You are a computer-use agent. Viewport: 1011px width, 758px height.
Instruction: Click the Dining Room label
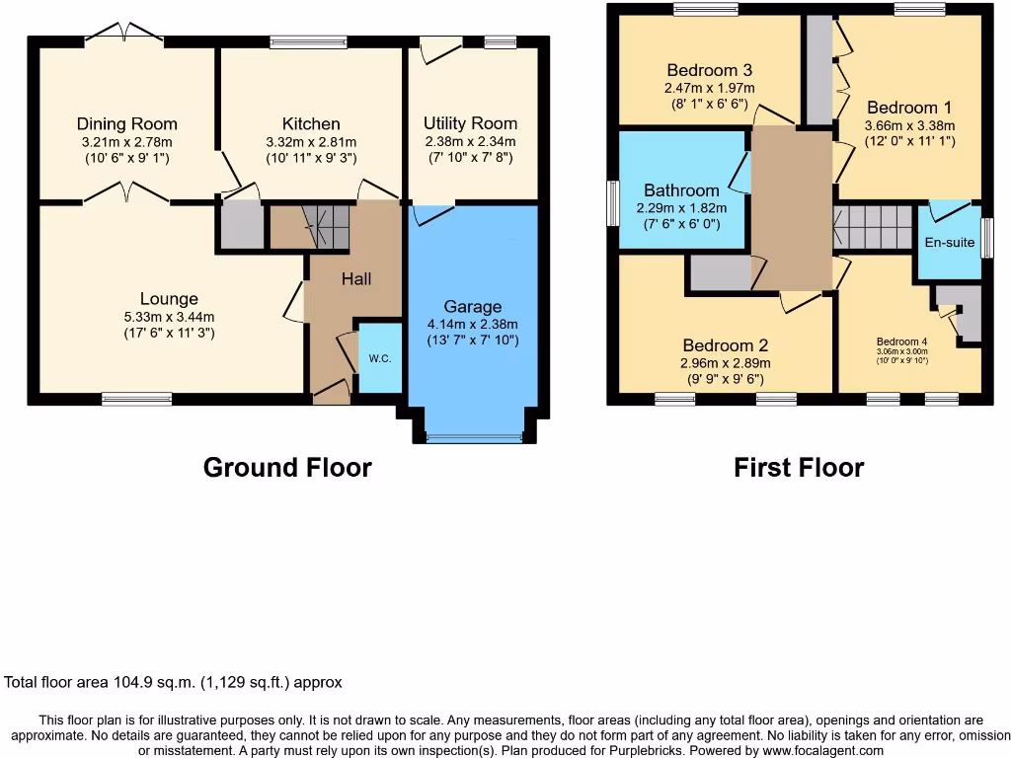click(127, 123)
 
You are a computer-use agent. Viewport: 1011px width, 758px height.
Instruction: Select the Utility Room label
click(470, 123)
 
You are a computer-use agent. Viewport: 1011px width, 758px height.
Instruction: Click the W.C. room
click(380, 357)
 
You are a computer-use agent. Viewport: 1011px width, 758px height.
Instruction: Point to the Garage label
click(472, 307)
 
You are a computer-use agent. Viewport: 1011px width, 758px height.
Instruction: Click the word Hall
click(356, 279)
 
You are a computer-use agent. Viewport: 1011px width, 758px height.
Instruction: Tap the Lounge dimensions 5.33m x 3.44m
click(169, 317)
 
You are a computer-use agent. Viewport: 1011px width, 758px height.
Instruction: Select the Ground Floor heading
click(287, 467)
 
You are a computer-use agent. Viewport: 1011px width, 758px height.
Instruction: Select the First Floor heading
click(799, 467)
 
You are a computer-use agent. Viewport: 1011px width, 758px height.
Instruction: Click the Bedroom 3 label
click(710, 70)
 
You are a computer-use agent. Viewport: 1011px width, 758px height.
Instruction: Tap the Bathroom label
click(681, 190)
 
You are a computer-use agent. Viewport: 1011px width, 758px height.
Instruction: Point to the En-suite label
click(949, 242)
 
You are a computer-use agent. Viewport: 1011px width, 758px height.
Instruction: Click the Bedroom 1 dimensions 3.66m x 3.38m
click(901, 125)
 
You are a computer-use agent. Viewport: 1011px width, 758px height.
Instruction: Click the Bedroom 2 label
click(726, 345)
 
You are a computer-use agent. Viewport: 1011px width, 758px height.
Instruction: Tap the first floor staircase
click(875, 228)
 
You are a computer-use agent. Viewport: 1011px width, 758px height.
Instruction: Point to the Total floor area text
click(174, 682)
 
